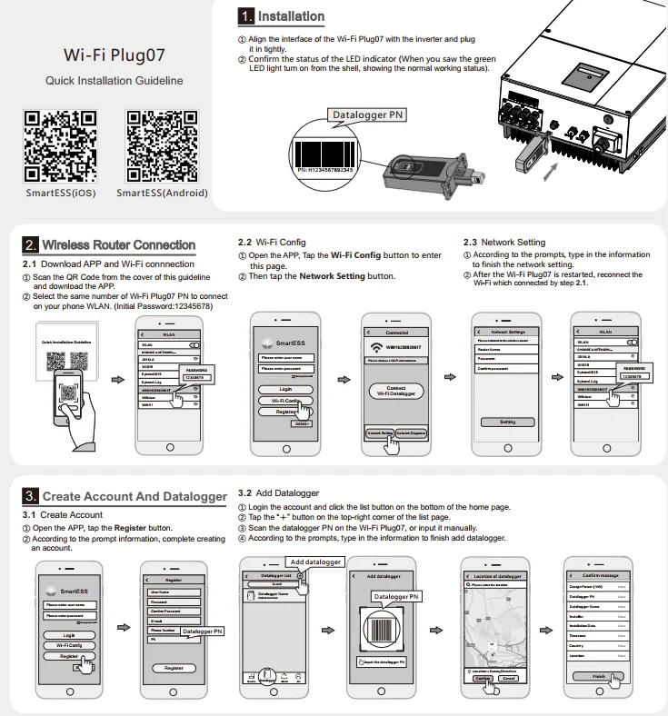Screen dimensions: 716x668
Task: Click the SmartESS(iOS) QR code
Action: point(60,144)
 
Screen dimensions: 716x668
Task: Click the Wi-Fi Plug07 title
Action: point(114,54)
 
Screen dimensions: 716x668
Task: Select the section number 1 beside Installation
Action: point(245,16)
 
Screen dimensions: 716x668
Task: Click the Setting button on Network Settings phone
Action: point(507,422)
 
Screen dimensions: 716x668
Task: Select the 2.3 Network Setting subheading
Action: point(503,243)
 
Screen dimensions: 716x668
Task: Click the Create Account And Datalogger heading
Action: point(134,496)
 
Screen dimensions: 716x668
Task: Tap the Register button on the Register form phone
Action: point(173,667)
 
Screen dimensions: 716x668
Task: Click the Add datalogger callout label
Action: point(315,562)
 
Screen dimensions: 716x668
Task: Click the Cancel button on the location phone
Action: point(509,678)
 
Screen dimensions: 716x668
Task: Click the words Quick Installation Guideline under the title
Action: point(114,81)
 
